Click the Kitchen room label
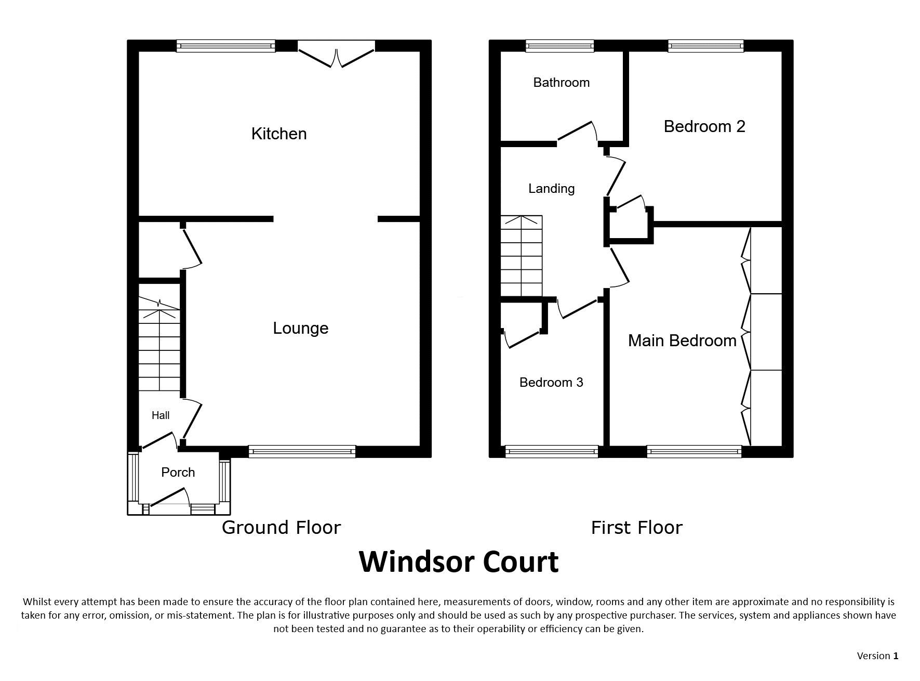[x=279, y=134]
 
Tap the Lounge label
[x=301, y=328]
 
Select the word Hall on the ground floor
[x=161, y=415]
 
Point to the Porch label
[x=178, y=472]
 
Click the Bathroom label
[x=562, y=82]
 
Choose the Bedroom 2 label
[x=704, y=126]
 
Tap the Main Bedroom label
[x=682, y=340]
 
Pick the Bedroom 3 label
[x=551, y=383]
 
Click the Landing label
[x=551, y=188]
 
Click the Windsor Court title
[x=459, y=561]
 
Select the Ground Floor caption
[x=281, y=527]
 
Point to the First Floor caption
[x=636, y=528]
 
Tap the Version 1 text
[x=877, y=656]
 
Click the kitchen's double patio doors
[x=336, y=54]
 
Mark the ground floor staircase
[x=159, y=344]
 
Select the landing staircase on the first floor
[x=521, y=256]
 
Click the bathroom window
[x=559, y=46]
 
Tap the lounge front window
[x=302, y=451]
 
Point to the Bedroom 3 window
[x=552, y=451]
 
